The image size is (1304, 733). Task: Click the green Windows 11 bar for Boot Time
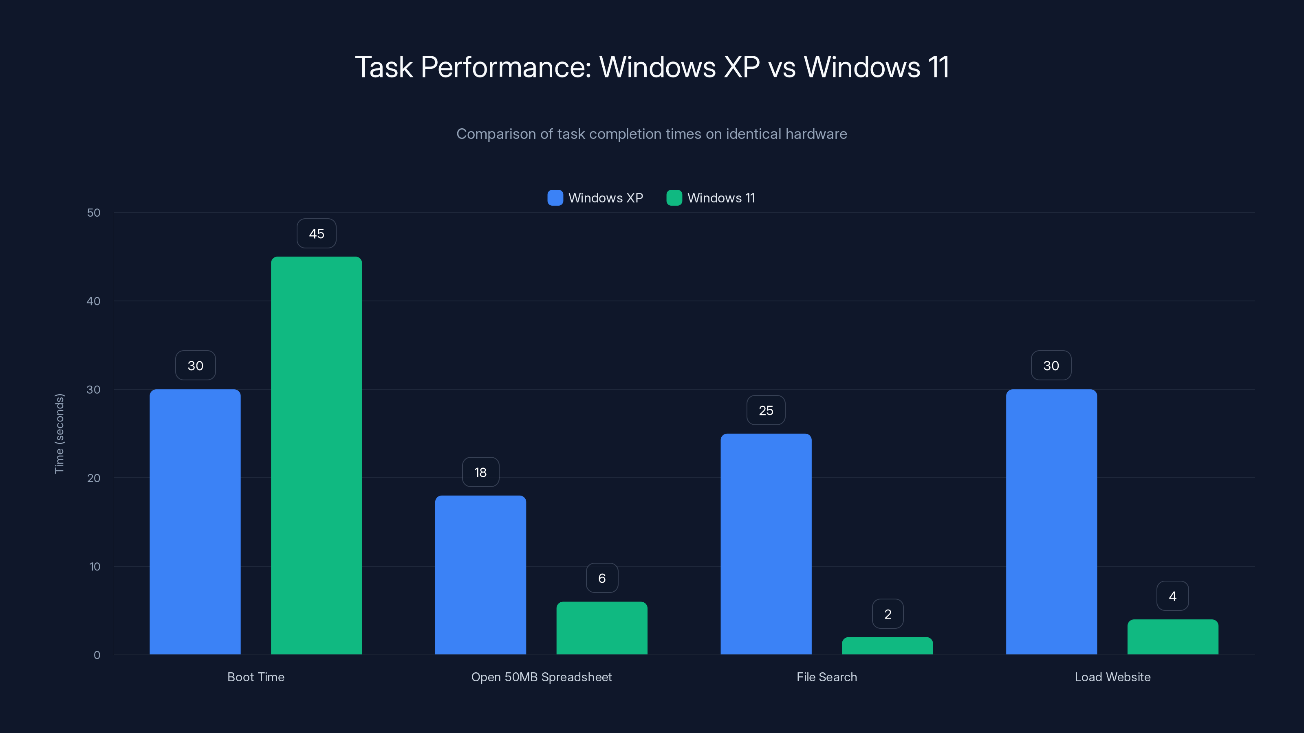pos(316,455)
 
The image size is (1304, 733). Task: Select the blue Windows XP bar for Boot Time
pos(195,521)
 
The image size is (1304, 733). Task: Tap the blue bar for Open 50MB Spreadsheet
pos(480,575)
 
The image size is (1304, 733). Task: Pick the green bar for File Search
pos(887,646)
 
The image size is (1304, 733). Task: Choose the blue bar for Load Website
pos(1051,521)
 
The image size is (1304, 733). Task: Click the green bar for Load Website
pos(1172,637)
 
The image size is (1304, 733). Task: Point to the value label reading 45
pos(316,234)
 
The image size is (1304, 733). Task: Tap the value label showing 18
pos(480,472)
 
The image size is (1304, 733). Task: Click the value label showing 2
pos(888,614)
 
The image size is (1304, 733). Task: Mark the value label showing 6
pos(602,578)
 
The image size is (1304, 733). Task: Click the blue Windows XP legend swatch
pos(555,198)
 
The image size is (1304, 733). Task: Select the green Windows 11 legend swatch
pos(674,198)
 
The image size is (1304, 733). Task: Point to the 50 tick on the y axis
pos(94,213)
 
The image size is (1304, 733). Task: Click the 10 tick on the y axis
pos(95,566)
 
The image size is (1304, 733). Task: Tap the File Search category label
pos(826,677)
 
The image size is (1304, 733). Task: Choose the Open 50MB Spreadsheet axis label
pos(541,677)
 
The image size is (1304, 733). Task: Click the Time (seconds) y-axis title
pos(59,434)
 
